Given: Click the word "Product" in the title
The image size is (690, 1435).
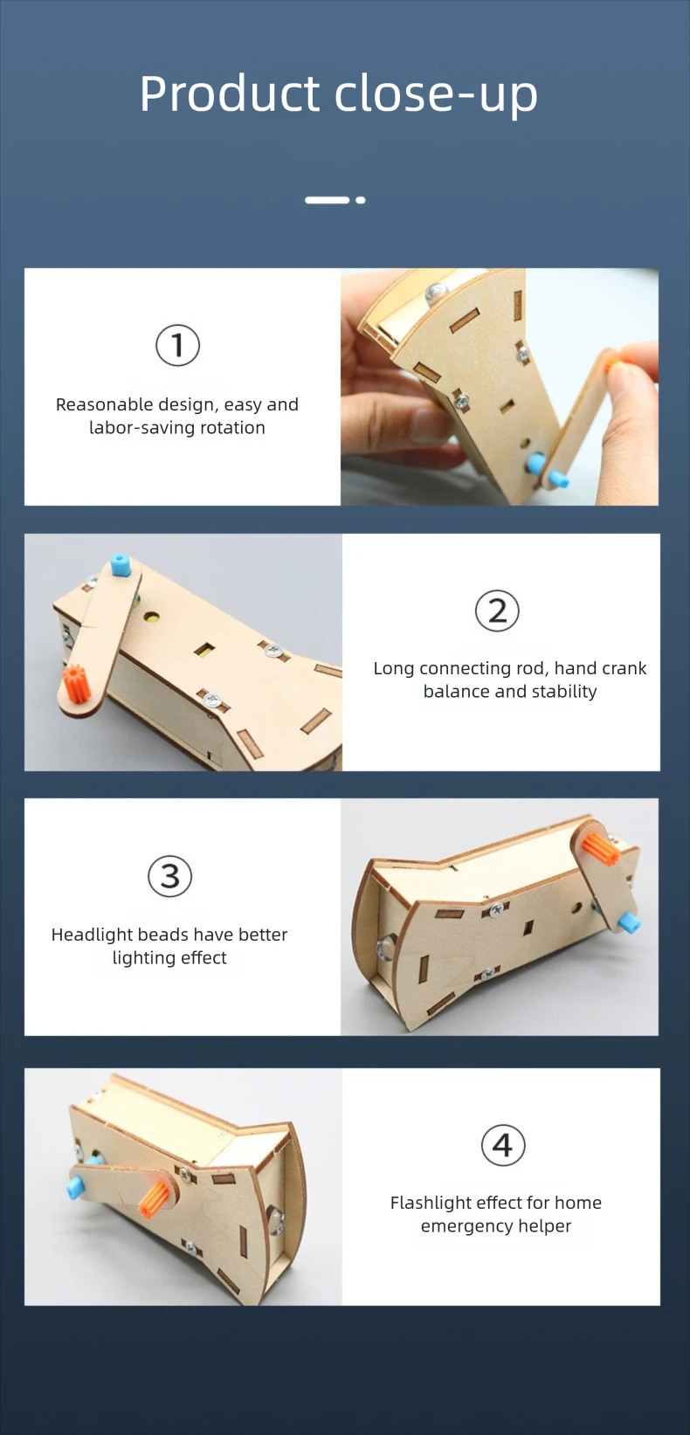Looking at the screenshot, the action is (x=230, y=93).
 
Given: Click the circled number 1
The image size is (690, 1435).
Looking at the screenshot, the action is (x=177, y=345).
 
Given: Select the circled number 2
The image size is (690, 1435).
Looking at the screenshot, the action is (x=497, y=611).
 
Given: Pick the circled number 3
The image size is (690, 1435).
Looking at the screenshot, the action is (x=169, y=876).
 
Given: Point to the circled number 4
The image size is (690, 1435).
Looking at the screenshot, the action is (x=503, y=1145).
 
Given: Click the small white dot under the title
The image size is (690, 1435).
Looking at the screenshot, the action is (x=361, y=201).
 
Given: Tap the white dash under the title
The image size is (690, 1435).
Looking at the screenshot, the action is (x=328, y=201).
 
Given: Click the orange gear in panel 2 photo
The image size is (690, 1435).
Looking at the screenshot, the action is (x=73, y=683).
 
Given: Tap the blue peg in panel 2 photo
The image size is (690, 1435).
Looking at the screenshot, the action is (x=119, y=565).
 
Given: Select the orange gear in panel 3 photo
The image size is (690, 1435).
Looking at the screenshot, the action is (x=602, y=847).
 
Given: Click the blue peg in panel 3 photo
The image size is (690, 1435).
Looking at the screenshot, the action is (x=629, y=922).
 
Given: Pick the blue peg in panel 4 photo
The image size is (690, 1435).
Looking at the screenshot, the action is (x=76, y=1186).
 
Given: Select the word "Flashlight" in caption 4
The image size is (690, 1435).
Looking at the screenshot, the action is (x=430, y=1203).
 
